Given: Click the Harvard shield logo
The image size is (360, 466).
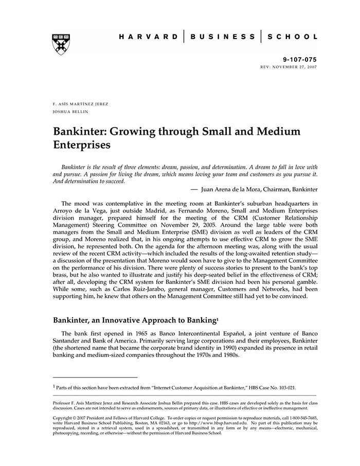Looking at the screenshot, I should (x=61, y=45).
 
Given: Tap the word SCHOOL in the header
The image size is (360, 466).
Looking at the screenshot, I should (x=292, y=37).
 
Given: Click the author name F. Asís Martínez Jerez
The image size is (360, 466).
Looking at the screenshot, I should (x=81, y=104).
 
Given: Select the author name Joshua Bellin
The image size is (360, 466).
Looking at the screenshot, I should (x=70, y=112).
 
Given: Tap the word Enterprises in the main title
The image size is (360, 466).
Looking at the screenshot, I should (x=82, y=145).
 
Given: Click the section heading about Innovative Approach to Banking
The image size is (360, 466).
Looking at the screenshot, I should (x=135, y=320).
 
